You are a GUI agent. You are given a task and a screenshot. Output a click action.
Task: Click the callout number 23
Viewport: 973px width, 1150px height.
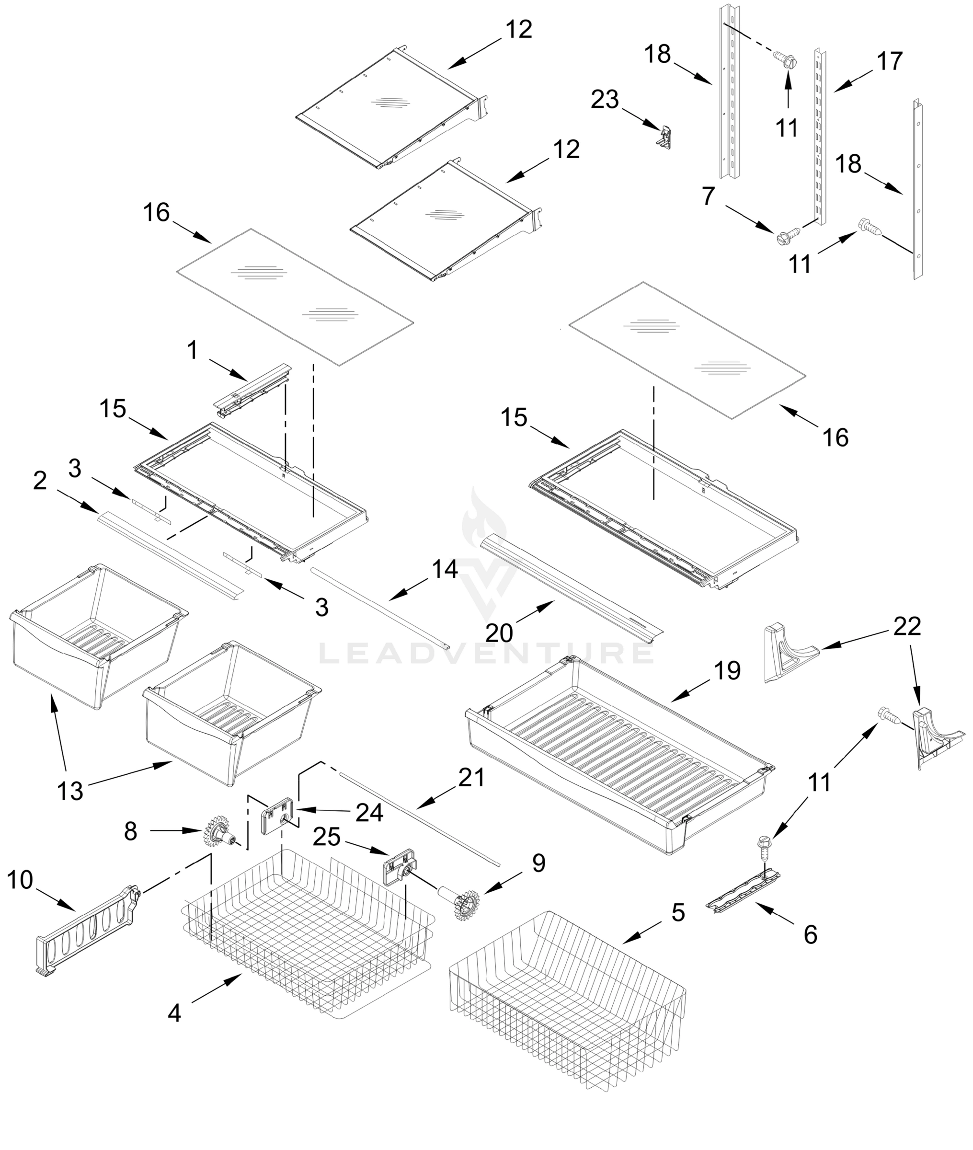coord(605,100)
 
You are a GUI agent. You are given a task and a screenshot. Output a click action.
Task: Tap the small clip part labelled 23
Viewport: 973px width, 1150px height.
coord(664,138)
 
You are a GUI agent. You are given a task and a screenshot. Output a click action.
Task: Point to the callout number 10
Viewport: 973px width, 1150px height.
coord(21,880)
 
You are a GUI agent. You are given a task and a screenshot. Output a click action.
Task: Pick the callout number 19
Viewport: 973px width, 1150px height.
coord(727,671)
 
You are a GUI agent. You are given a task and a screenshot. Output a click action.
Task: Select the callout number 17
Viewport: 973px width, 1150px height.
coord(889,61)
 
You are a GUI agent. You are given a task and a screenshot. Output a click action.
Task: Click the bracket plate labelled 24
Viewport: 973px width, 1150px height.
coord(277,816)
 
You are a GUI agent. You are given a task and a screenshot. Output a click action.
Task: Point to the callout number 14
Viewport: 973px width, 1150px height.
coord(444,569)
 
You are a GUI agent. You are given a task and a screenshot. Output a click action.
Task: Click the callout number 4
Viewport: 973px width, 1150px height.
coord(174,1013)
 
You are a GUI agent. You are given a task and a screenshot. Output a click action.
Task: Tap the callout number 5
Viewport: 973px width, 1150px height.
coord(678,913)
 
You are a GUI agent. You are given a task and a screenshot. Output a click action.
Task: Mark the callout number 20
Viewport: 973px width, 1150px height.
coord(499,632)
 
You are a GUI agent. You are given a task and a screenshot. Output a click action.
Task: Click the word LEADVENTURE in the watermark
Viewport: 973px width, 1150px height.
coord(486,654)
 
